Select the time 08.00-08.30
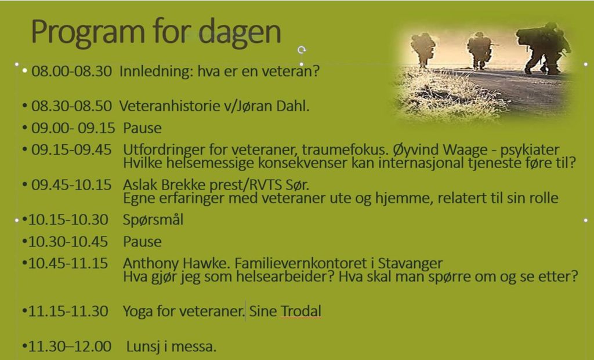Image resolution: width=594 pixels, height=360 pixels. pyautogui.click(x=71, y=71)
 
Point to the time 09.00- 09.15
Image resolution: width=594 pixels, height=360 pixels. pyautogui.click(x=73, y=128)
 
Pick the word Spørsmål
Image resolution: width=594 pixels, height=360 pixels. pyautogui.click(x=153, y=220)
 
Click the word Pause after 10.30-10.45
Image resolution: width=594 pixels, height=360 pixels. pyautogui.click(x=142, y=242)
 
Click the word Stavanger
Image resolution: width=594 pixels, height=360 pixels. pyautogui.click(x=410, y=263)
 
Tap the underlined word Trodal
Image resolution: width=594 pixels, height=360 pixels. pyautogui.click(x=301, y=311)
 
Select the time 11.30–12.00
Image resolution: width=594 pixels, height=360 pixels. pyautogui.click(x=70, y=346)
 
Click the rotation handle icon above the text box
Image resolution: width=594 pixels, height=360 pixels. pyautogui.click(x=302, y=50)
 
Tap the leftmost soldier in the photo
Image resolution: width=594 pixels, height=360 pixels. pyautogui.click(x=422, y=50)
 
